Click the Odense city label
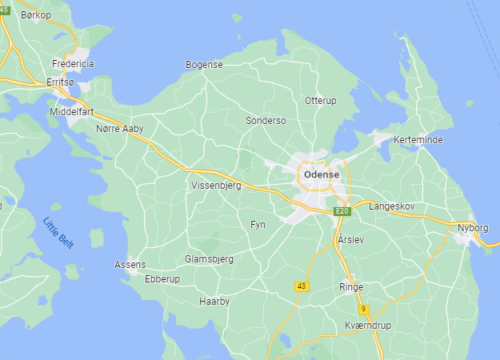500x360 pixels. tap(322, 174)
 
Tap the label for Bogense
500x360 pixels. tap(204, 65)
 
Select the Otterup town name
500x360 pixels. tap(322, 100)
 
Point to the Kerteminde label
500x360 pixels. tap(418, 140)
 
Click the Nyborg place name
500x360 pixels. tap(473, 227)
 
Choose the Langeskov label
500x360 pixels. tap(392, 206)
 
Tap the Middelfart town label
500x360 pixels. tap(72, 112)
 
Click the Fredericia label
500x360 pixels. tap(73, 63)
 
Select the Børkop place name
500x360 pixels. tap(36, 15)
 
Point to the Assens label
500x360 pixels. tap(130, 264)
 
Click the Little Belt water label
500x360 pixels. tap(58, 233)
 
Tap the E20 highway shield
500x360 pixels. tap(342, 210)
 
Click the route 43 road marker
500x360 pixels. tap(301, 286)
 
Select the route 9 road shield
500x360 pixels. tap(363, 309)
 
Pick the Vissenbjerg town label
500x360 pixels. tap(215, 185)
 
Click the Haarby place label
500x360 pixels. tap(214, 302)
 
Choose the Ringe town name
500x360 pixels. tap(351, 286)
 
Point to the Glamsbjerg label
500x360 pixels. tap(209, 259)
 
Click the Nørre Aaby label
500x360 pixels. tap(119, 128)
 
